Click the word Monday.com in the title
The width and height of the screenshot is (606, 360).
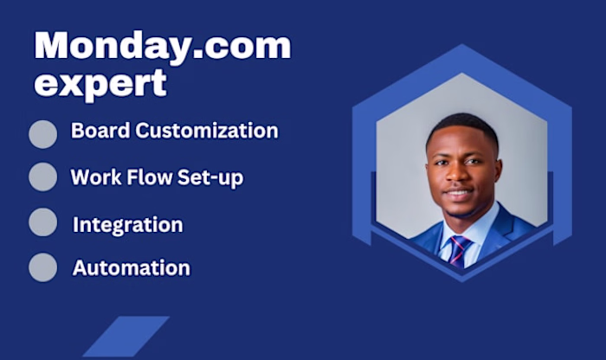tap(162, 46)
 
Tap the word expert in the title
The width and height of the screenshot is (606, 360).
tap(100, 83)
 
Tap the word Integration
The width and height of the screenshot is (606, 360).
tap(127, 225)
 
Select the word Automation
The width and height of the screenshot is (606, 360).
tap(131, 268)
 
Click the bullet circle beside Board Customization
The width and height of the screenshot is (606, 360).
tap(42, 134)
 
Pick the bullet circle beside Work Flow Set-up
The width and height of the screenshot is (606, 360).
tap(42, 177)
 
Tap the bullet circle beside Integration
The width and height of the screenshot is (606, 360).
tap(42, 222)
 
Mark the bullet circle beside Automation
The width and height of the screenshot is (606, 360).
tap(42, 267)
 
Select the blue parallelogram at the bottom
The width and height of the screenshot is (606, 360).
tap(126, 337)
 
